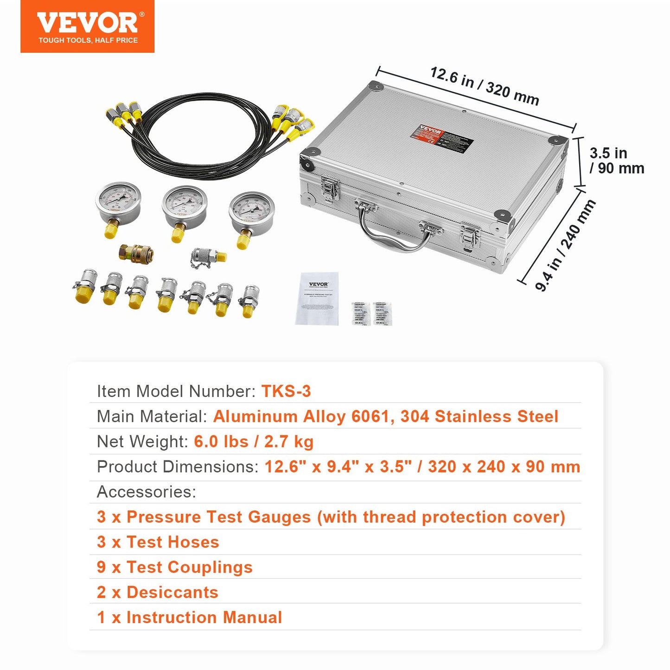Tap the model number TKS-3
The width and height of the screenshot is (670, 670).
(x=286, y=391)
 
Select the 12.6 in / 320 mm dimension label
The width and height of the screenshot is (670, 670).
(x=485, y=86)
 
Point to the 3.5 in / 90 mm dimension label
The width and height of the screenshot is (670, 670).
(x=616, y=160)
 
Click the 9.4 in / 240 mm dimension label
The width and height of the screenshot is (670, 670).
(x=565, y=245)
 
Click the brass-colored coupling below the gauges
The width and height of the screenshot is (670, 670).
(x=136, y=253)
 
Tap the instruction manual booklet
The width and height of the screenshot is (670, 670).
(x=318, y=299)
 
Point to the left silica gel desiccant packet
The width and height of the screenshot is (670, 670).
(x=360, y=313)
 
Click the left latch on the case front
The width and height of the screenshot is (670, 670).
(x=330, y=189)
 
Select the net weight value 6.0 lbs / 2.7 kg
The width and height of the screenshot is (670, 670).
(x=254, y=441)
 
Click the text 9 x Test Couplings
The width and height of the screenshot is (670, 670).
(x=175, y=567)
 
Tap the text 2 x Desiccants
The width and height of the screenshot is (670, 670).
(x=158, y=592)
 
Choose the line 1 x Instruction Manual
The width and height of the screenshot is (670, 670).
(x=189, y=617)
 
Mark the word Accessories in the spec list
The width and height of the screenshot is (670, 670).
(x=146, y=491)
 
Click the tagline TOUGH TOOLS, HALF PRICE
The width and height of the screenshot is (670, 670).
(x=88, y=40)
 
